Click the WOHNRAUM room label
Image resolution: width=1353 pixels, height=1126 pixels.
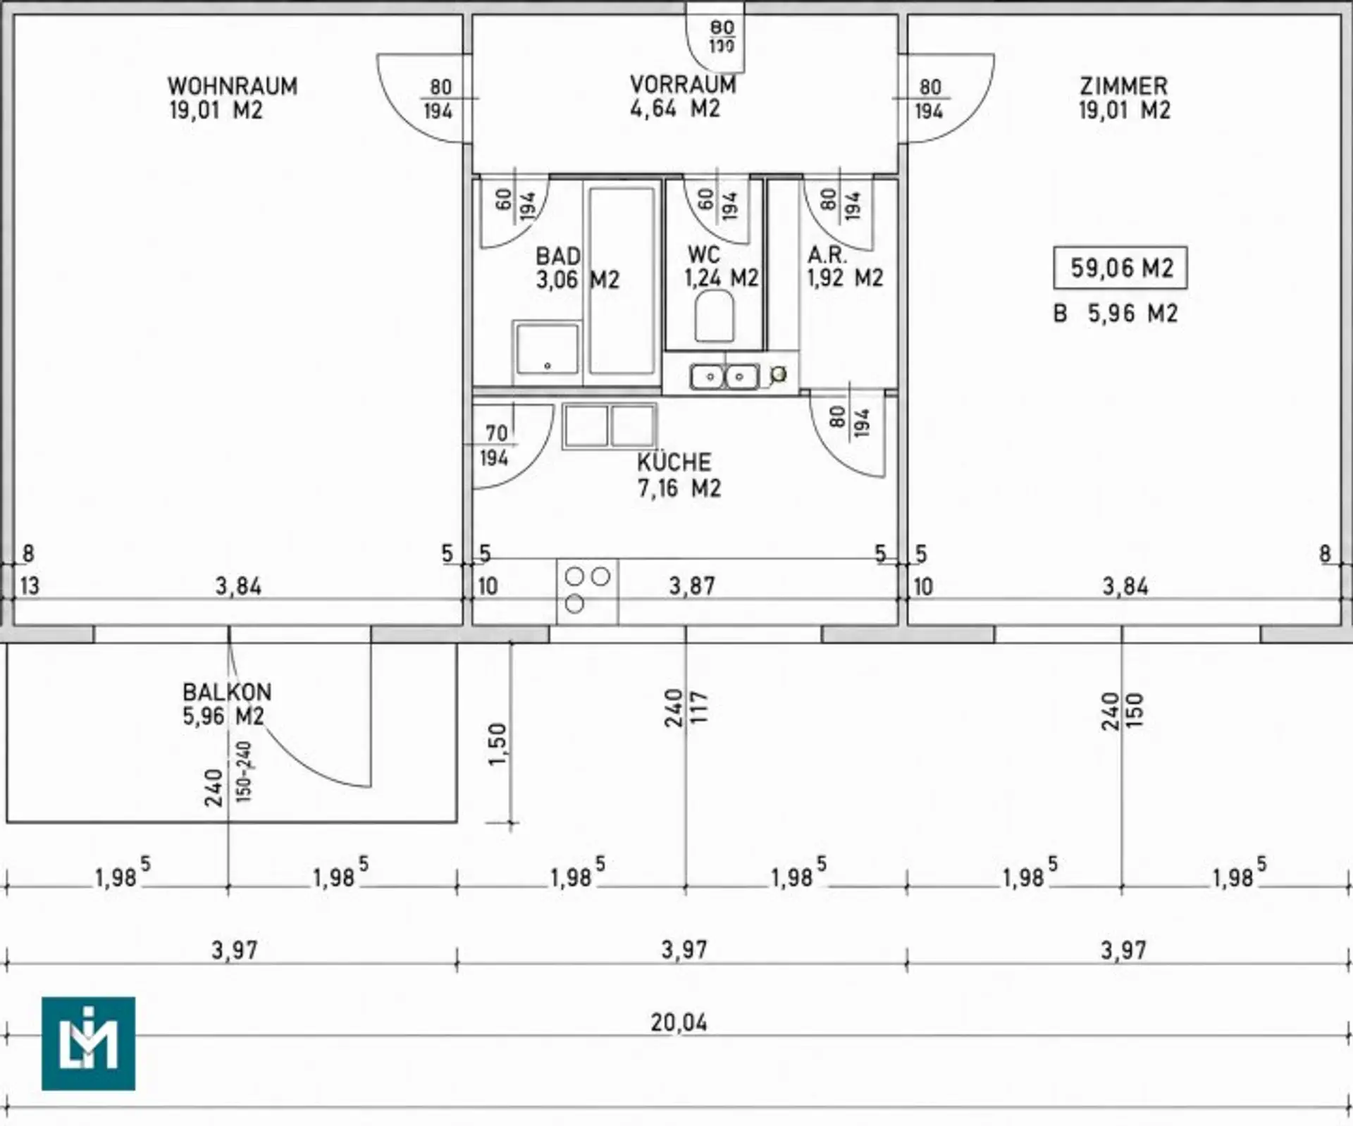[233, 86]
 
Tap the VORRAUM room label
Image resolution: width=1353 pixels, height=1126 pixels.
[683, 85]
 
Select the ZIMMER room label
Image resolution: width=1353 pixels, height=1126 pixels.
[1124, 86]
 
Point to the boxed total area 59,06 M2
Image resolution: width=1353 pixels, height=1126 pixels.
[1120, 268]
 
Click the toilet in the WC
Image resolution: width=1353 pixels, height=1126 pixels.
[715, 316]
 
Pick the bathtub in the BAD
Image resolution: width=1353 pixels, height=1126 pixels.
[622, 280]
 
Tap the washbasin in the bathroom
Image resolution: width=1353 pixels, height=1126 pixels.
[547, 349]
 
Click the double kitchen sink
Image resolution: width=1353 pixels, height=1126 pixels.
[724, 377]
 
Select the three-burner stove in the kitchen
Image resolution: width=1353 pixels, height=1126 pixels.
[587, 591]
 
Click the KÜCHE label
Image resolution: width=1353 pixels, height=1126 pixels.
[674, 462]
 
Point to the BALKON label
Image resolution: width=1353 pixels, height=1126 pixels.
[227, 691]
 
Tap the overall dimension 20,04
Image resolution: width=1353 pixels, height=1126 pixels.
[679, 1022]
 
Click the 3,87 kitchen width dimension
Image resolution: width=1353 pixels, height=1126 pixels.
[692, 586]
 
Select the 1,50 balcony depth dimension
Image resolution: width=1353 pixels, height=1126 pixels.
[498, 744]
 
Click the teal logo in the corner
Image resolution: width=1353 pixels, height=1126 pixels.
[88, 1044]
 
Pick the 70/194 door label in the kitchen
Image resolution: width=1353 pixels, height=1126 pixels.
[495, 445]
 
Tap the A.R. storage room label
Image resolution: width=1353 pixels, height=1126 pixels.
[827, 254]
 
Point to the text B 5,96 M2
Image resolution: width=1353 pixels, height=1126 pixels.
[1116, 313]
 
